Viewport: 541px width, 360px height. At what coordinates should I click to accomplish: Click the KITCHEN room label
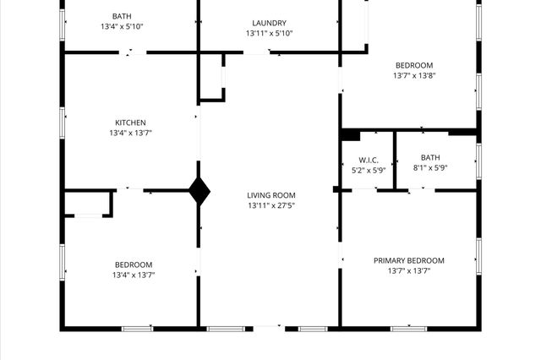point(131,123)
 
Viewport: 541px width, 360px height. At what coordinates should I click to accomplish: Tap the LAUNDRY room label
point(269,23)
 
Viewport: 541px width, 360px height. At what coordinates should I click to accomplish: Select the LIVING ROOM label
point(271,195)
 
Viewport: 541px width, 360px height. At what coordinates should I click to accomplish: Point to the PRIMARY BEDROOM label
point(408,260)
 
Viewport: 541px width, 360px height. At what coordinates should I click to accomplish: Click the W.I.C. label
point(368,160)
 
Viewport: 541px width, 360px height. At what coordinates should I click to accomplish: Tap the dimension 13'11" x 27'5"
point(271,205)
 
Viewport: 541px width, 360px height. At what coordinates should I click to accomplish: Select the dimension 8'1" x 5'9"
point(430,167)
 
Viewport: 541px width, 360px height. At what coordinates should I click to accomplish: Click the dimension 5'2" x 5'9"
point(368,170)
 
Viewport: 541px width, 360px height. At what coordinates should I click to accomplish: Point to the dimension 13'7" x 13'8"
point(413,75)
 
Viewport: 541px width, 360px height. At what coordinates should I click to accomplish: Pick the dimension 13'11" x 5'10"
point(269,33)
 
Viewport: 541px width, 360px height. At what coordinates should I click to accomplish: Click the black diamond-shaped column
point(199,190)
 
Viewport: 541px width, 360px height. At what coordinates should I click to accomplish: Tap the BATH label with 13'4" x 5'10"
point(122,16)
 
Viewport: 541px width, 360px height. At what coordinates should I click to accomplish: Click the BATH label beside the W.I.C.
point(430,157)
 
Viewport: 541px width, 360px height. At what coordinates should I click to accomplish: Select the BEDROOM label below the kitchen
point(134,265)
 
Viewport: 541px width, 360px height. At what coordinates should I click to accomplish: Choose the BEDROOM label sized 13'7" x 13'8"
point(413,65)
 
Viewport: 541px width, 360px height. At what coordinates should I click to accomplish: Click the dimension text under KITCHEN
point(131,133)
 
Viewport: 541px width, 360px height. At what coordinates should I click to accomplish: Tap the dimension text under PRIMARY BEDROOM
point(408,270)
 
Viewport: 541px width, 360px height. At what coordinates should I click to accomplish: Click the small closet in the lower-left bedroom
point(89,204)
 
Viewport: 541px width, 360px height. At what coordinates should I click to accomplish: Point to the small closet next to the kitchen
point(210,78)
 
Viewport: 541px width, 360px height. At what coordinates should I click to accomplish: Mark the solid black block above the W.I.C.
point(350,134)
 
